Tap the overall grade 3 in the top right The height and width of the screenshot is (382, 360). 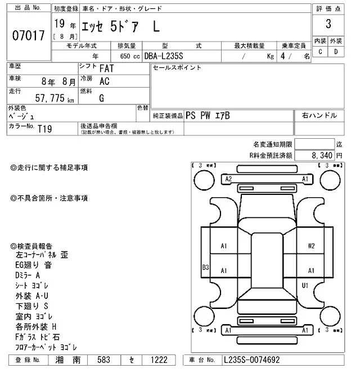click(327, 25)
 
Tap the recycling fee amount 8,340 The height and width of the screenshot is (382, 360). click(322, 155)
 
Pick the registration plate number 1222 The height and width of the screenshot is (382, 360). click(159, 360)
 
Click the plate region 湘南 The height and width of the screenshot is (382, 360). click(71, 360)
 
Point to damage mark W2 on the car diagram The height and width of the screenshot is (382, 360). click(311, 245)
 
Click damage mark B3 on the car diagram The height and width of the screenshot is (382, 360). click(206, 267)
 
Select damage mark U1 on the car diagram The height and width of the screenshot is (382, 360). click(305, 285)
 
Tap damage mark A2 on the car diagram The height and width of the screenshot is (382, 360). click(228, 179)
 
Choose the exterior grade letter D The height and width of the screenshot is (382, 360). click(336, 52)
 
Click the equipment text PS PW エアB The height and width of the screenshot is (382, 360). click(208, 115)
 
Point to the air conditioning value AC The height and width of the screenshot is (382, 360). click(104, 81)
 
